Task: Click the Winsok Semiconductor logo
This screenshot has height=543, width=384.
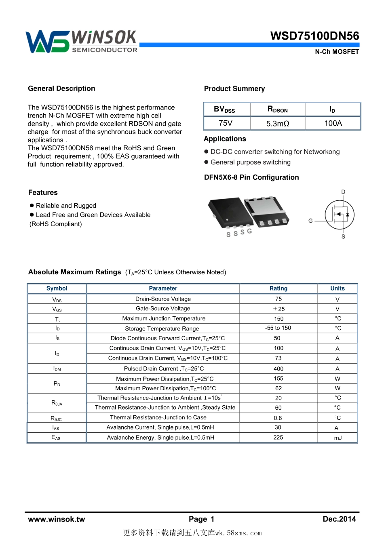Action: tap(81, 42)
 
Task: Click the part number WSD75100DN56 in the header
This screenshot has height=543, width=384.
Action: tap(314, 36)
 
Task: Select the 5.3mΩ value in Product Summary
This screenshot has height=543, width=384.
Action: tap(278, 124)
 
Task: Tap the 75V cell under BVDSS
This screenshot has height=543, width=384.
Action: tap(226, 123)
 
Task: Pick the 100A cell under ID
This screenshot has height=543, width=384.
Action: tap(333, 123)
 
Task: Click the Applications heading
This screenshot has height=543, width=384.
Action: tap(225, 139)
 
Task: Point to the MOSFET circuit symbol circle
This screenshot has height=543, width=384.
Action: tap(340, 215)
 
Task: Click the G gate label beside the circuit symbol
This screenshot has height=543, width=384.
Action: tap(310, 221)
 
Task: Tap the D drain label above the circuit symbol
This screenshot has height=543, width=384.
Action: tap(343, 192)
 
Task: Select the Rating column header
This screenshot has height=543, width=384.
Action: tap(279, 288)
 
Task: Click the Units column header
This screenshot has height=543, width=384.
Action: tap(338, 288)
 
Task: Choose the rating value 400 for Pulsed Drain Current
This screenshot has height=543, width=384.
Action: tap(279, 369)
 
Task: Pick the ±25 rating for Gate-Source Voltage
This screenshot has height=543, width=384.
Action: tap(279, 309)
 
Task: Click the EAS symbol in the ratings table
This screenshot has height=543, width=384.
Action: tap(56, 438)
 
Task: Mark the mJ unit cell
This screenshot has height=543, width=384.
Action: tap(338, 438)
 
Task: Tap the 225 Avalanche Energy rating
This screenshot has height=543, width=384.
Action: tap(278, 438)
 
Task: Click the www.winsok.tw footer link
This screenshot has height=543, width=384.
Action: tap(57, 520)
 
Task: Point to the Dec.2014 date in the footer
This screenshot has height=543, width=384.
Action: tap(339, 519)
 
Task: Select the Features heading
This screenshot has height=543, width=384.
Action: tap(43, 193)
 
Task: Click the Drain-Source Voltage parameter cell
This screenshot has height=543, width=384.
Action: tap(163, 299)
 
